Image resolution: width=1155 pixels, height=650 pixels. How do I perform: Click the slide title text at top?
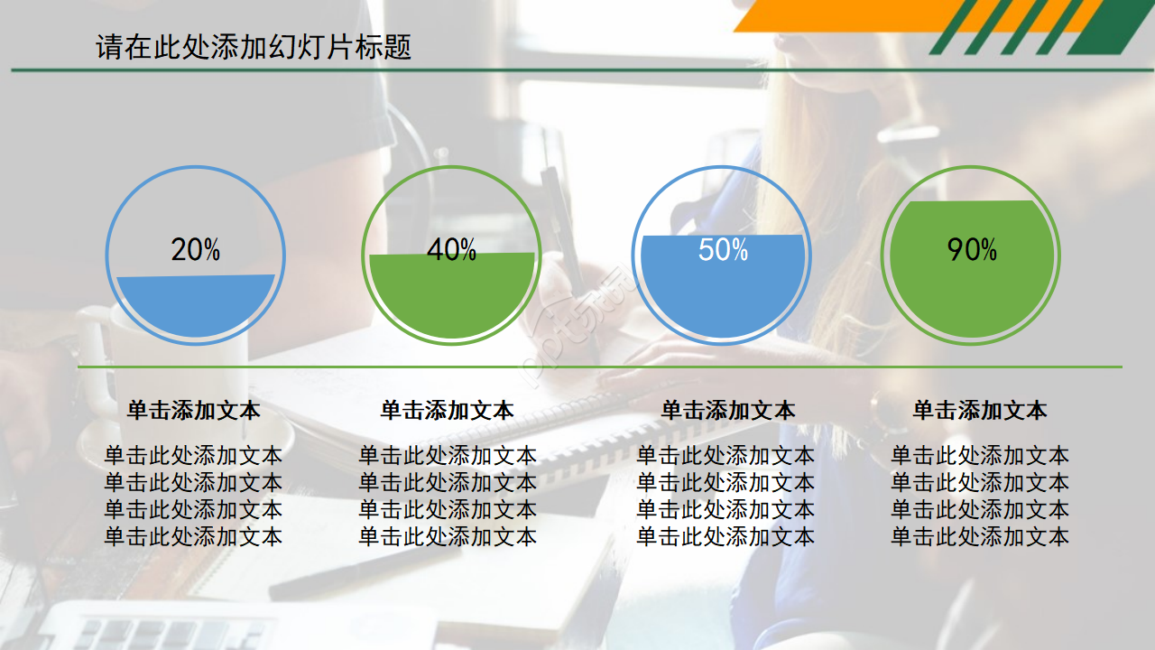[x=254, y=47]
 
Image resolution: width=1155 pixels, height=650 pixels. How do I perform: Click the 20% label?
[x=196, y=250]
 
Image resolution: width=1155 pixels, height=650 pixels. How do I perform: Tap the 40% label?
[x=451, y=250]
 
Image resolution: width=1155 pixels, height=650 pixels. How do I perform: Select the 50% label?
[x=724, y=250]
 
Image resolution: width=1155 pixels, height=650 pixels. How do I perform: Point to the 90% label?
[x=972, y=250]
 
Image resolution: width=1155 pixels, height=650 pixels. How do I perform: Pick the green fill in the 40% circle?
[x=451, y=298]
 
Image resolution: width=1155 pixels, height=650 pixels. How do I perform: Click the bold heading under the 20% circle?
[x=193, y=411]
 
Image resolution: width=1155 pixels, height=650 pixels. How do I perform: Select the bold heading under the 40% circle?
[x=448, y=411]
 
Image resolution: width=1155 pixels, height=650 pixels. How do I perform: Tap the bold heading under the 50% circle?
[x=728, y=411]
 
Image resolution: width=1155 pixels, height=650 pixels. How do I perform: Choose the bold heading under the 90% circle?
[x=980, y=411]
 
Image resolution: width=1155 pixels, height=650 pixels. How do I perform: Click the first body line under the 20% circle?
[x=193, y=455]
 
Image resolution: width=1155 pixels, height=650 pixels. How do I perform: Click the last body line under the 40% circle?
[x=448, y=537]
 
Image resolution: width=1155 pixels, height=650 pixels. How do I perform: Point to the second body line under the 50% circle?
[x=725, y=482]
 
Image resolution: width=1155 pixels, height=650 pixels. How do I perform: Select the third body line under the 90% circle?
[x=980, y=510]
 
